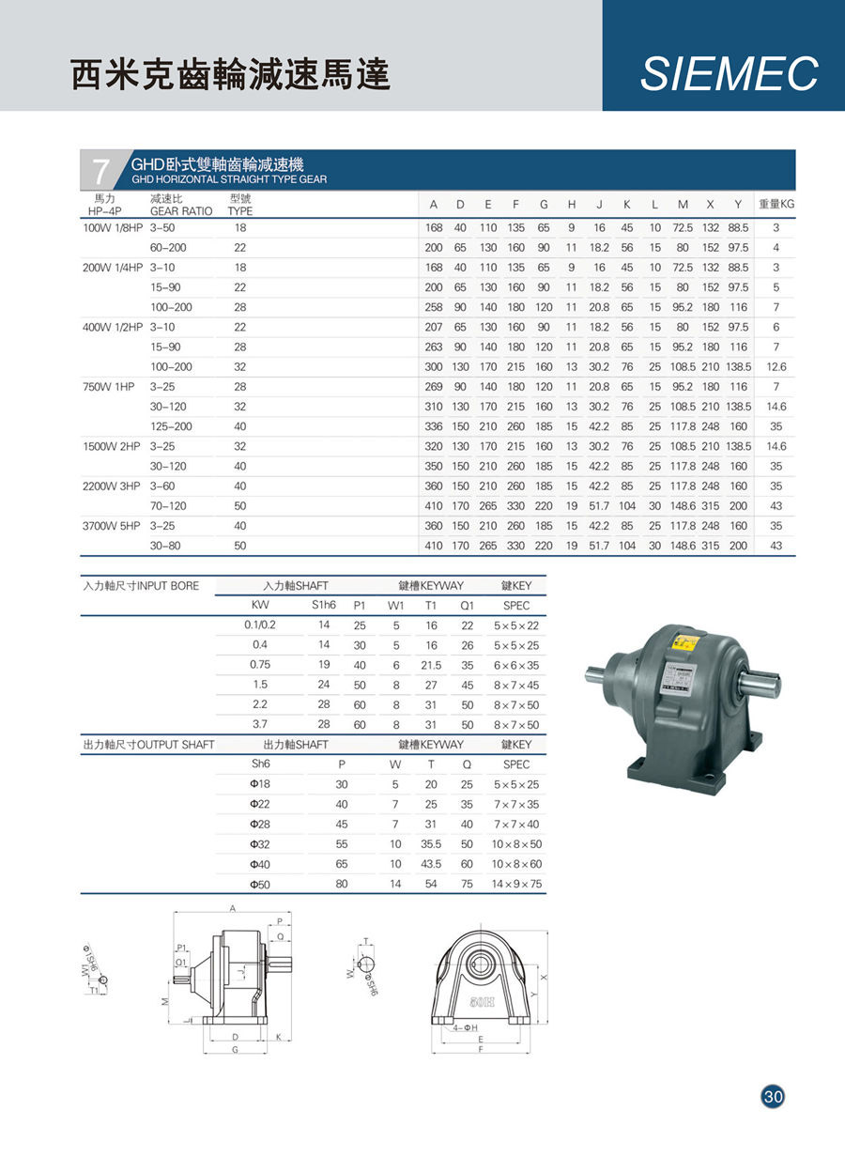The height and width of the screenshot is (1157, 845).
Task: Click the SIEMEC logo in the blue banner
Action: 729,74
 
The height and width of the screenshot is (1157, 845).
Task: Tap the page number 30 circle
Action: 773,1096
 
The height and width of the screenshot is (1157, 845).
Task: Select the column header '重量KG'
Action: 776,204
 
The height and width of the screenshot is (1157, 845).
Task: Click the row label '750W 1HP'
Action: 109,387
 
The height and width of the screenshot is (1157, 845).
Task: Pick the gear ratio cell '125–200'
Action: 170,426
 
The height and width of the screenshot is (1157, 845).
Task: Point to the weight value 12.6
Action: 776,366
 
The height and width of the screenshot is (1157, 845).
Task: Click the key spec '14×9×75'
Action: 516,884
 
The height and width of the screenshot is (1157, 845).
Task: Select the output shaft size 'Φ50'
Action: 260,884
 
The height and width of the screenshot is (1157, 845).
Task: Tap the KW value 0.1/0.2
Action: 260,625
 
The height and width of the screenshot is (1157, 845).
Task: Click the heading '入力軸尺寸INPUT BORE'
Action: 141,586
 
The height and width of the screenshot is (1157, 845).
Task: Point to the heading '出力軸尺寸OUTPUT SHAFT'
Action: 148,745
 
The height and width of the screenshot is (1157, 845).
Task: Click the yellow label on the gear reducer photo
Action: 682,645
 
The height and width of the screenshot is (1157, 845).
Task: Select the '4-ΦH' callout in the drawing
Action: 464,1028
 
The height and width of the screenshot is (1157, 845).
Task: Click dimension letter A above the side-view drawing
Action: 232,908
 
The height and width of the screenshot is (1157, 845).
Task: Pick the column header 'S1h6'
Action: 323,606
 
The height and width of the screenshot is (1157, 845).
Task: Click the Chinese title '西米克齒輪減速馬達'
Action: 231,75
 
